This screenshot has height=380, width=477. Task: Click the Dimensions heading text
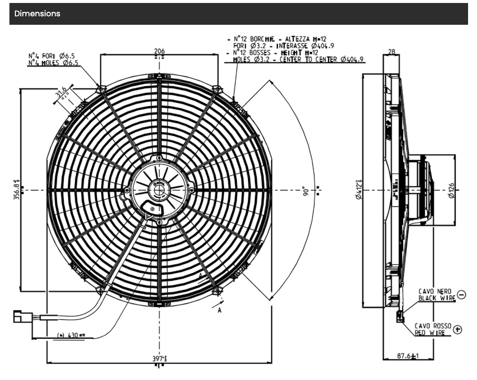(37, 14)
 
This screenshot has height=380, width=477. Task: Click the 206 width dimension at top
(159, 51)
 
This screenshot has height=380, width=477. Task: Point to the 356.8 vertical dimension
(17, 190)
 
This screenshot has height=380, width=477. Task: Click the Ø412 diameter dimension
(358, 190)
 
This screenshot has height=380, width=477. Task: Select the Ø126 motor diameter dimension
(451, 190)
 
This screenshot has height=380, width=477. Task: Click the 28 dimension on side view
(392, 51)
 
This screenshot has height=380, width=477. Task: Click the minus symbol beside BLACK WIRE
(462, 295)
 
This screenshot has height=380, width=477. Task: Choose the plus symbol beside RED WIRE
(457, 329)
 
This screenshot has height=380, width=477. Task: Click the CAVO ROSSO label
(433, 326)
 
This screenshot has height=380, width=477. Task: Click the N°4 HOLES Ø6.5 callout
(53, 63)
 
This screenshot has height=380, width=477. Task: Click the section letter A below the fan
(219, 310)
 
